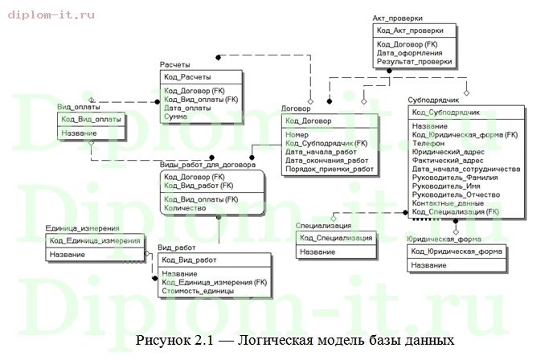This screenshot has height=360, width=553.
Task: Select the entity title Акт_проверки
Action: (398, 17)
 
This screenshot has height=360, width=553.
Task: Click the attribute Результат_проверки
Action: (414, 61)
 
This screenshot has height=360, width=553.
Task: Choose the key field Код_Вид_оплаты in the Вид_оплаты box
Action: (91, 119)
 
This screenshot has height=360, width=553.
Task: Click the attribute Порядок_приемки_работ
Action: (330, 170)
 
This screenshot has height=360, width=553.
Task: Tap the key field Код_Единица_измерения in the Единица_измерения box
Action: (95, 240)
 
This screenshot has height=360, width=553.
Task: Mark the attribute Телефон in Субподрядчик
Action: (428, 143)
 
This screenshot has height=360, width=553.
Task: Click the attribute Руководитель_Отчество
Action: (455, 194)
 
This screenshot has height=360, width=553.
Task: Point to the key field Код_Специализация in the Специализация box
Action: (335, 238)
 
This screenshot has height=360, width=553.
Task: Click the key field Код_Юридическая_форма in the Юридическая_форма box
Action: (457, 251)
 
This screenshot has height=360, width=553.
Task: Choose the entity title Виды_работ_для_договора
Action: (207, 165)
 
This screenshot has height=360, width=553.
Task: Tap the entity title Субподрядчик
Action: (432, 102)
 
